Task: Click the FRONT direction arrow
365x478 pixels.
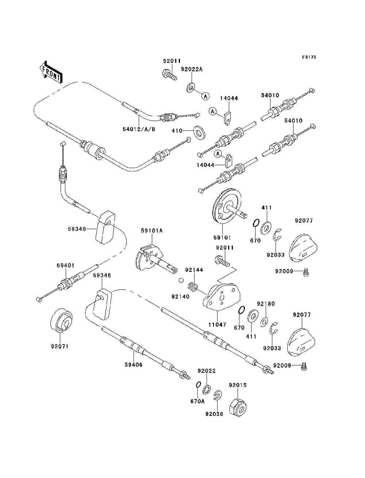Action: pos(51,72)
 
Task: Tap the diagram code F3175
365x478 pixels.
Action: pos(309,57)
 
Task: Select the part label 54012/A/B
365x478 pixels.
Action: pos(139,129)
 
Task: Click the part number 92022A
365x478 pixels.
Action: pos(192,69)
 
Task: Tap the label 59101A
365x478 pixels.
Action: pos(152,230)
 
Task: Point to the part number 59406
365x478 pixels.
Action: pos(134,365)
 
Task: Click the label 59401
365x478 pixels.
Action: pos(65,265)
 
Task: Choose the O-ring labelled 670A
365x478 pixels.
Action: pos(198,384)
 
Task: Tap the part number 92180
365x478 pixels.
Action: pos(266,304)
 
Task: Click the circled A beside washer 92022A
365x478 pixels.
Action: pos(205,96)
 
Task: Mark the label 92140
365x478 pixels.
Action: pos(180,296)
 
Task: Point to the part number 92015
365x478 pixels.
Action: pos(238,385)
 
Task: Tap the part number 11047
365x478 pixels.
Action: pos(217,325)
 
